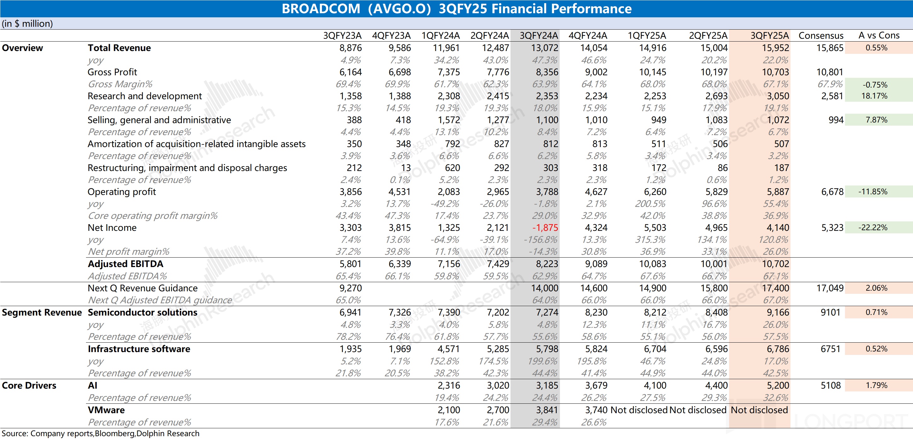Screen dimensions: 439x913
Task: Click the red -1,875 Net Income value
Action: click(x=545, y=228)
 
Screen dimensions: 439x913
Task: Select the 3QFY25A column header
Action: click(x=769, y=36)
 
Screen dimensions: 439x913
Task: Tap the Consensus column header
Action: click(x=821, y=36)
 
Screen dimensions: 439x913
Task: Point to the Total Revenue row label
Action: click(x=119, y=48)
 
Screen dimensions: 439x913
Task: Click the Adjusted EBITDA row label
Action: click(x=125, y=264)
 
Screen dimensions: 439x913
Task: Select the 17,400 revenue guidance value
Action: click(x=775, y=288)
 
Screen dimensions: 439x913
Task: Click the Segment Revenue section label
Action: click(x=42, y=312)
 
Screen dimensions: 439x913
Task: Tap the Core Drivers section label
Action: click(x=29, y=385)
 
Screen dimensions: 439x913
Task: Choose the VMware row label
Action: click(x=106, y=410)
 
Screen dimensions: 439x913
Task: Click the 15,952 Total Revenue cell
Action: click(x=775, y=48)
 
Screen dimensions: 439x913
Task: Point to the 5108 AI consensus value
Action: click(x=830, y=385)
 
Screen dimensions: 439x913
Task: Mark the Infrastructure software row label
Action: click(x=139, y=349)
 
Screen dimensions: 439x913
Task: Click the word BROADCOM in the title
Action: click(x=321, y=9)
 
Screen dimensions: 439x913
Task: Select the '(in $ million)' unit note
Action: click(x=27, y=24)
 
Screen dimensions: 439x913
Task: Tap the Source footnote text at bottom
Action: click(x=101, y=433)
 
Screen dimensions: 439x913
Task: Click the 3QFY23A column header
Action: click(x=342, y=36)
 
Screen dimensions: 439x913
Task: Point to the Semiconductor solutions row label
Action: click(x=142, y=312)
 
